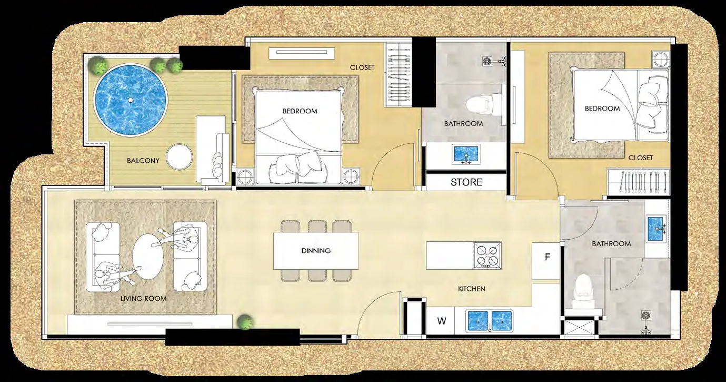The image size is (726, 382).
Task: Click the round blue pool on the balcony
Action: [x=130, y=100]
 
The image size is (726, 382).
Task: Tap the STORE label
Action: [x=466, y=182]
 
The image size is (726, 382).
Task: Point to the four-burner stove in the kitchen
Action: [x=488, y=255]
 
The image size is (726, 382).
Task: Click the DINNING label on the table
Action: [x=316, y=251]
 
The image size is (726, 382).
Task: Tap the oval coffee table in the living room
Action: [x=148, y=256]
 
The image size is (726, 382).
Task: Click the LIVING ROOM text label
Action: [x=143, y=298]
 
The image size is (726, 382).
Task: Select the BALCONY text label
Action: [x=143, y=161]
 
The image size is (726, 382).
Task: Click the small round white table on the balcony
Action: [x=179, y=157]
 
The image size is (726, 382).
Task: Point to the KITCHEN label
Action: [x=472, y=289]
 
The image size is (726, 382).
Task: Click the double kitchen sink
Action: [x=490, y=321]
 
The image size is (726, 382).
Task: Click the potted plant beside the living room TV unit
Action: [x=245, y=322]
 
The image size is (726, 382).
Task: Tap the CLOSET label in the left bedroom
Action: [x=362, y=67]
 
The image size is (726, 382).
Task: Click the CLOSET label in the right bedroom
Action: [x=640, y=158]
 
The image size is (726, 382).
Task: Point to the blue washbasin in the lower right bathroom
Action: [x=656, y=229]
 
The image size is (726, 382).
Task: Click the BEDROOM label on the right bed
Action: [x=602, y=109]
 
